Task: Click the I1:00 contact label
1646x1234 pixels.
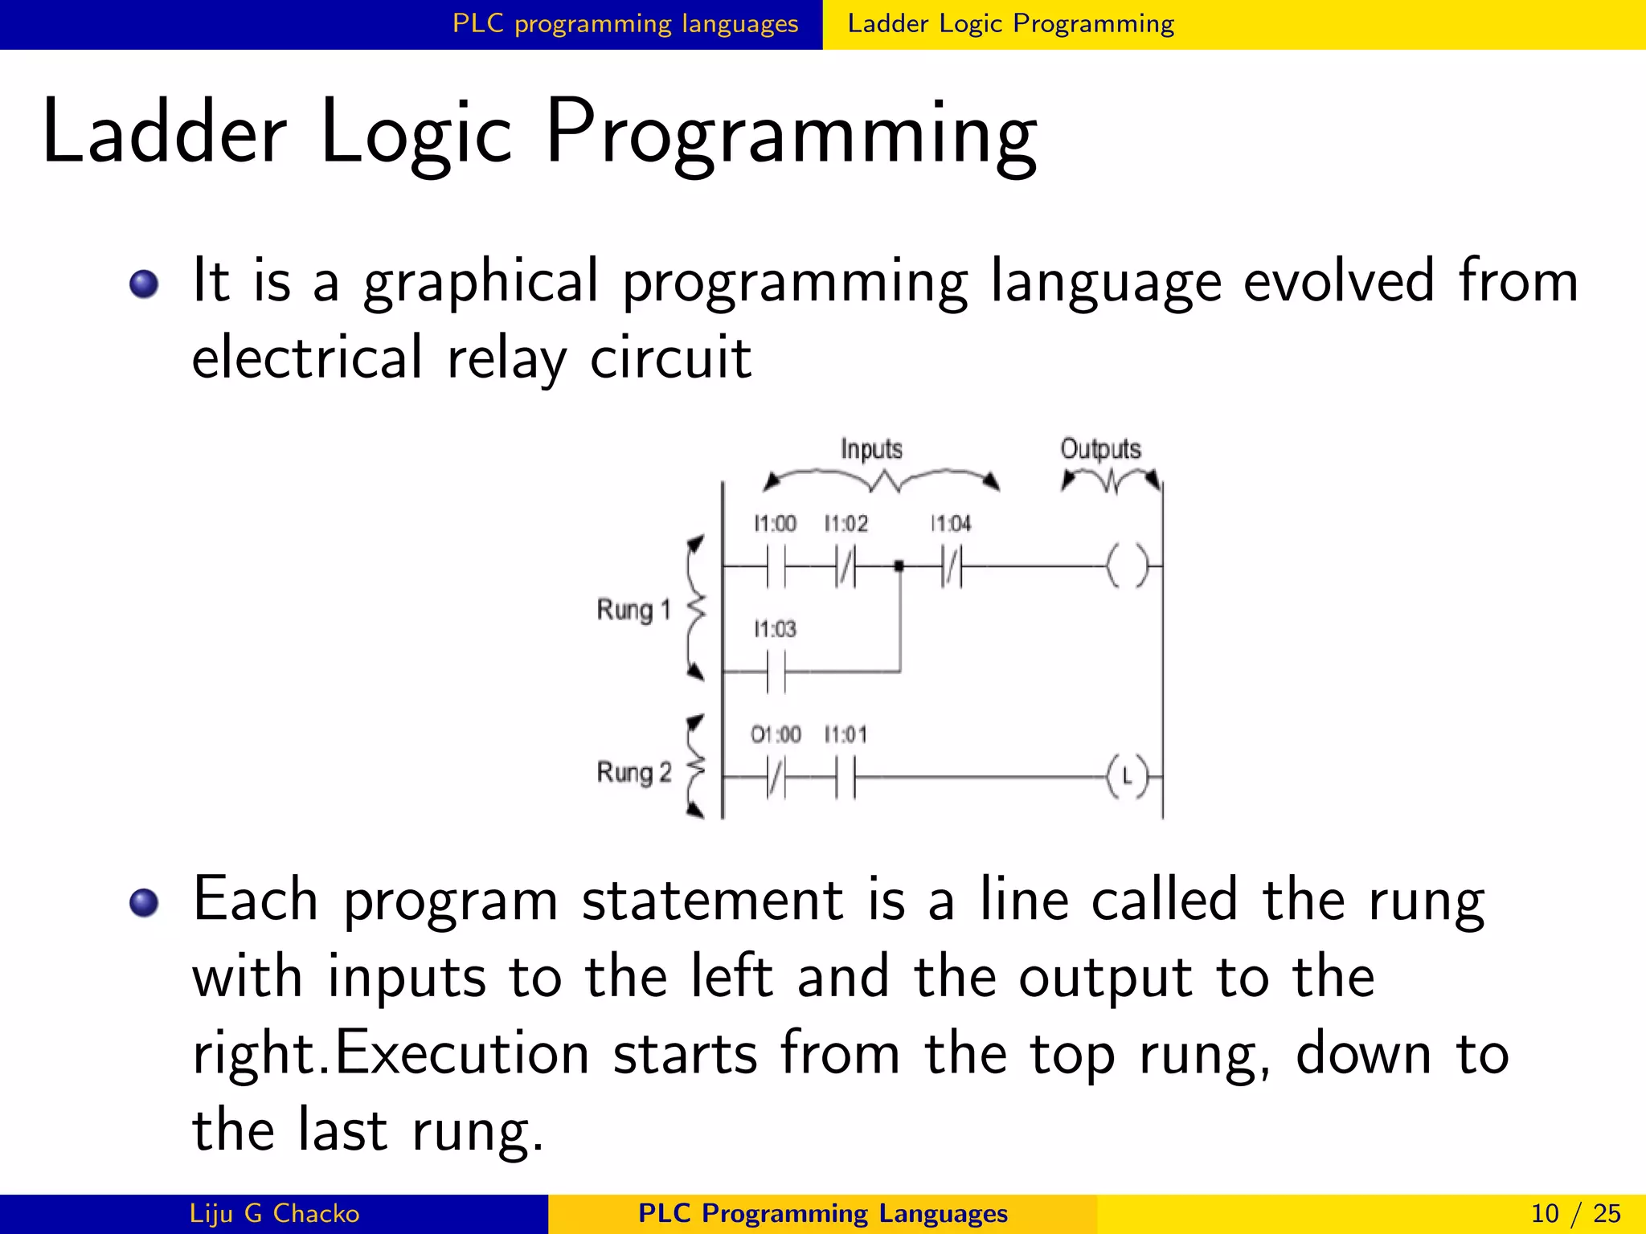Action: point(774,524)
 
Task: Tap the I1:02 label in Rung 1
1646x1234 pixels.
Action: point(846,524)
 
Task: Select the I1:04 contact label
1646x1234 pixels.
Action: point(950,524)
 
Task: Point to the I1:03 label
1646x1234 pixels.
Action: point(774,629)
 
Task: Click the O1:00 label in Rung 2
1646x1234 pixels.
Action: point(775,734)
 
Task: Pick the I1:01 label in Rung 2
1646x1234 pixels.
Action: point(846,734)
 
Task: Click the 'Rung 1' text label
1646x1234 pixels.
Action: point(633,610)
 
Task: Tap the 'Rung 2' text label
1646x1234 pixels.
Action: point(633,772)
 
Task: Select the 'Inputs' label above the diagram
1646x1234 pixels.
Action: point(871,448)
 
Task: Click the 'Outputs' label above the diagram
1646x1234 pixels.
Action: point(1100,448)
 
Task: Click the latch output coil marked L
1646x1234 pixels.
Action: point(1127,777)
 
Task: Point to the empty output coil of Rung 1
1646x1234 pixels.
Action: point(1127,566)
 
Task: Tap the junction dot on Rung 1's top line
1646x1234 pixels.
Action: point(899,566)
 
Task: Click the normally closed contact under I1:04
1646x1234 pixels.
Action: point(952,566)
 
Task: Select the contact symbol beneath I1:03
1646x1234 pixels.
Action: point(776,672)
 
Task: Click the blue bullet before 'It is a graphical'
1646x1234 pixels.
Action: point(144,284)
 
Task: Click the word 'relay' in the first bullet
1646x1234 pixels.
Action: point(506,358)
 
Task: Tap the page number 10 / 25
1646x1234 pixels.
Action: point(1575,1213)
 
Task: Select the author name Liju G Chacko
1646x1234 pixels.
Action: point(274,1213)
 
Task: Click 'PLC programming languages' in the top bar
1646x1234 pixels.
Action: point(625,24)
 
